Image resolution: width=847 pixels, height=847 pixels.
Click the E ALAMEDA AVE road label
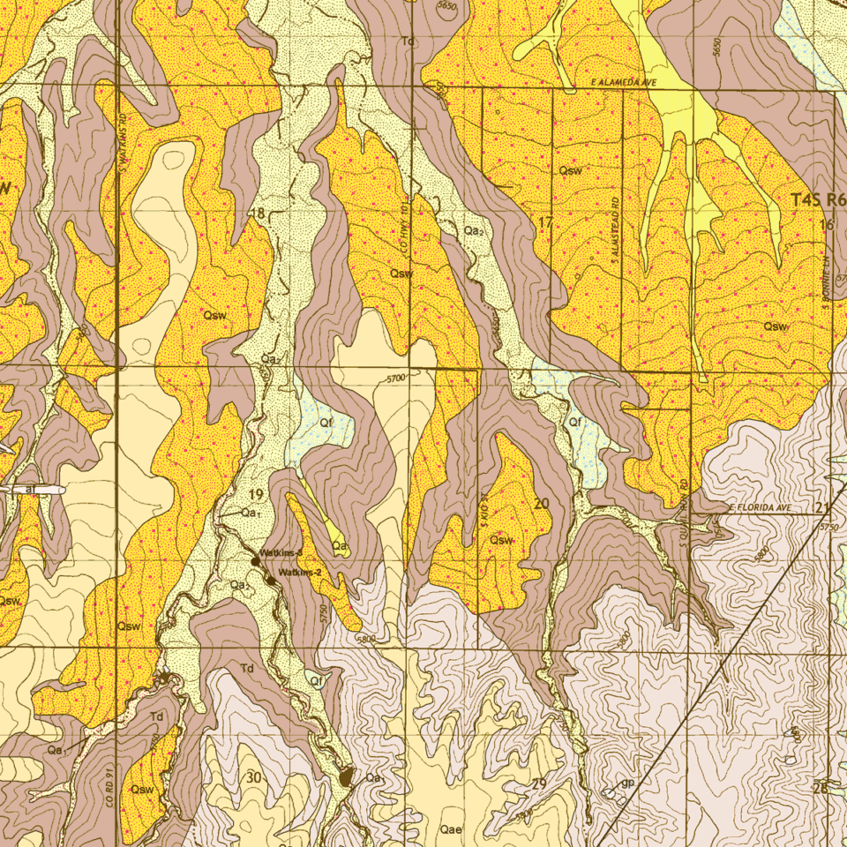[x=626, y=81]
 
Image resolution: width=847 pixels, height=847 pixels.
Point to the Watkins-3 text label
[x=281, y=552]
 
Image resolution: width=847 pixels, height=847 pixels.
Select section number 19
[x=256, y=494]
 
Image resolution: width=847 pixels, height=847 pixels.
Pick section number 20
[x=542, y=503]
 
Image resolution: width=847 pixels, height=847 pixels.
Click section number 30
[x=254, y=777]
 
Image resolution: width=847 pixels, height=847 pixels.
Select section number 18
[x=258, y=214]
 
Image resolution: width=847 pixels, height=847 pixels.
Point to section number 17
[x=545, y=223]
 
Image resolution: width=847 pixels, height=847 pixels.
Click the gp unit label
[x=627, y=783]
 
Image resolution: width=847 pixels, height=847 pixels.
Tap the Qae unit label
[x=451, y=830]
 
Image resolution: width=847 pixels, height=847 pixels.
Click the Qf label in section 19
[x=325, y=423]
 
